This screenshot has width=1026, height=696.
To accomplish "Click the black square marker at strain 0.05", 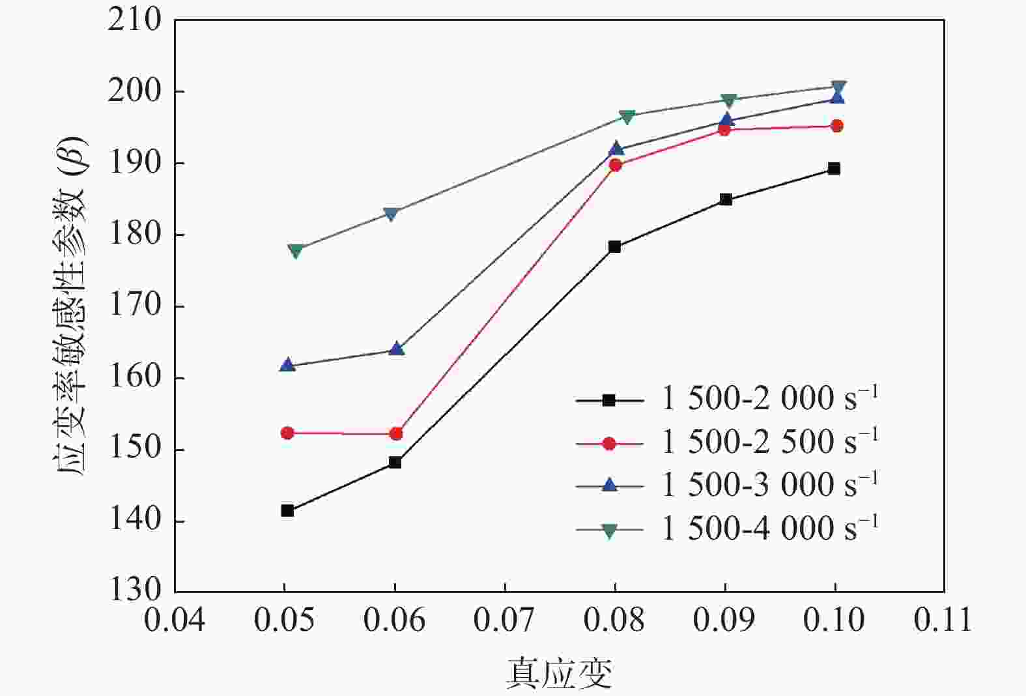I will pos(287,510).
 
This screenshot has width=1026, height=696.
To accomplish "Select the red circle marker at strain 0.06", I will pos(396,433).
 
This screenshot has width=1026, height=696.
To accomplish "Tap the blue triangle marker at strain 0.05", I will pos(287,365).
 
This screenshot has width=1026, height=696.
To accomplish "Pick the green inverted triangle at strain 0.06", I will pos(391,214).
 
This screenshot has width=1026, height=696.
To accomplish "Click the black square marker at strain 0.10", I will pos(834,169).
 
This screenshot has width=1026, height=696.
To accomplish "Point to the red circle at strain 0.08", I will pos(615,165).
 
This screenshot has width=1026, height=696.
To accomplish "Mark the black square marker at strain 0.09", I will pos(726,199).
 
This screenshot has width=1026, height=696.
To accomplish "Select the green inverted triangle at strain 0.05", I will pos(295,251).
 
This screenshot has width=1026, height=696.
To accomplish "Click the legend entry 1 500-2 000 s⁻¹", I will pos(769,399).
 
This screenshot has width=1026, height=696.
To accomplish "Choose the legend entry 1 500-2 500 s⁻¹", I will pos(769,442).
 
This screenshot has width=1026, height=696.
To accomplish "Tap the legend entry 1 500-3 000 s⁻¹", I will pos(769,485).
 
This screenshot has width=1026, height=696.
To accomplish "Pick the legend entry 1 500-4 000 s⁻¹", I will pos(769,528).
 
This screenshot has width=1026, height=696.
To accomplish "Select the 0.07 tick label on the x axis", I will pos(504,620).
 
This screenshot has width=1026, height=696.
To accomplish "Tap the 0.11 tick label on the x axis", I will pos(943,620).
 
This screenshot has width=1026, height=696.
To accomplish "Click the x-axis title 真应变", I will pos(560,674).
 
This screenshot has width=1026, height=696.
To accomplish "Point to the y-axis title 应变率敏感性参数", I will pos(70,306).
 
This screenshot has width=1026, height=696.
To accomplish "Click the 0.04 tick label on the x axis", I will pos(175,620).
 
